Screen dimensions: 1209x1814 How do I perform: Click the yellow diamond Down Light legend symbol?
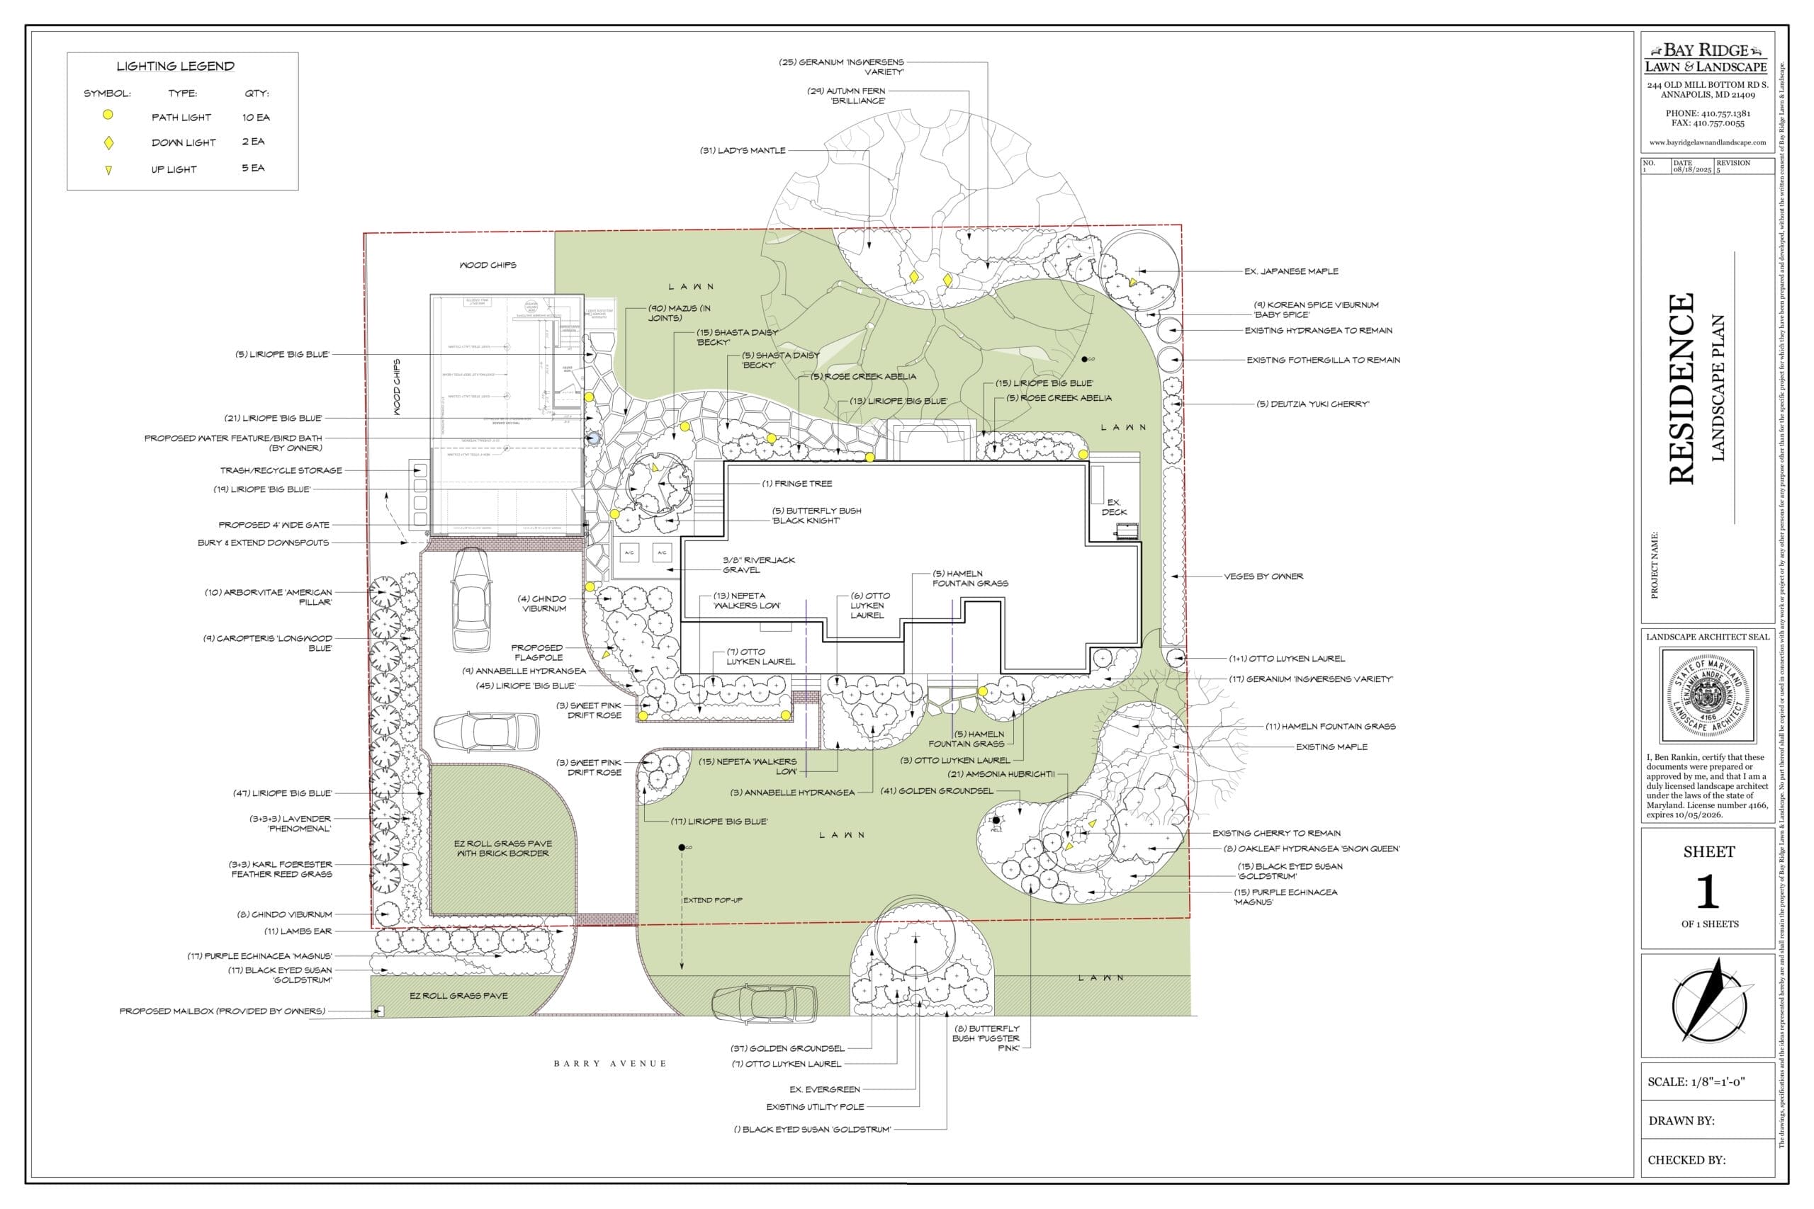click(x=108, y=142)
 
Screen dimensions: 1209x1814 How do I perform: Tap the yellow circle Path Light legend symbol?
click(x=108, y=115)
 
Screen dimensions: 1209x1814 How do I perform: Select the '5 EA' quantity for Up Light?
click(x=253, y=168)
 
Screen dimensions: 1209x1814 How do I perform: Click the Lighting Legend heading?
click(x=175, y=67)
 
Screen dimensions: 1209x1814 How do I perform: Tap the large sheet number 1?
click(x=1708, y=892)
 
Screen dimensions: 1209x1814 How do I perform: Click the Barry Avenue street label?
click(x=609, y=1063)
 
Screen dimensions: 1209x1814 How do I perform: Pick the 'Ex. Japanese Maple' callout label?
click(x=1291, y=271)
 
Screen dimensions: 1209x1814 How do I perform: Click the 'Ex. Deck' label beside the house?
click(x=1114, y=507)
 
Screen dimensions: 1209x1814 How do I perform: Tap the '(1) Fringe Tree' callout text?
click(x=796, y=484)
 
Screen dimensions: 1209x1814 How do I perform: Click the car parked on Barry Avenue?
click(x=764, y=1003)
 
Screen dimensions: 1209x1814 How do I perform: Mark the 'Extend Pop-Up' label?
click(x=713, y=899)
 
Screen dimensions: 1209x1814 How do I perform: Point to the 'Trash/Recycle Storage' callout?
click(x=281, y=470)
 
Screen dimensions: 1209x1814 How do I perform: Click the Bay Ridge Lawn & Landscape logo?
click(x=1706, y=59)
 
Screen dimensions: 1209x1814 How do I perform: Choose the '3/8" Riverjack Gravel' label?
click(x=758, y=565)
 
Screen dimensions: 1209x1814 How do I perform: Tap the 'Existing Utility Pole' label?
click(x=815, y=1106)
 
